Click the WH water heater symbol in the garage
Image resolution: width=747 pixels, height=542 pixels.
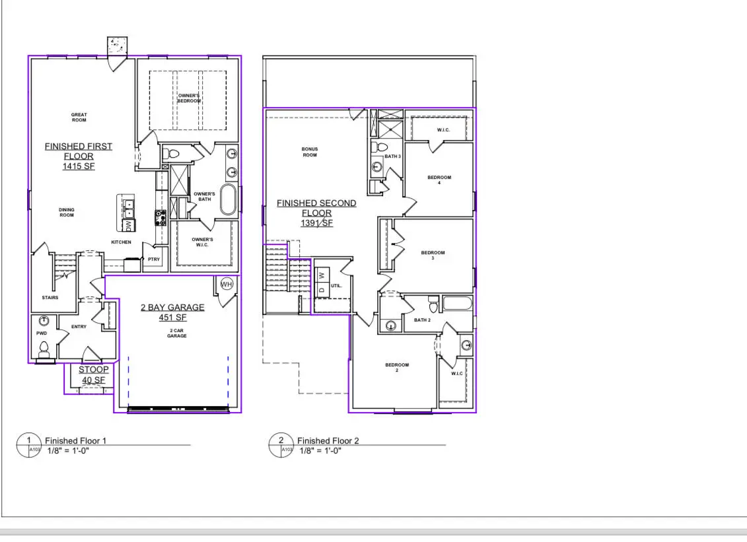click(227, 284)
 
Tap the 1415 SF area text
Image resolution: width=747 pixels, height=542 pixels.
click(79, 168)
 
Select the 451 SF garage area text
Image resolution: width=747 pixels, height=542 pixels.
click(172, 318)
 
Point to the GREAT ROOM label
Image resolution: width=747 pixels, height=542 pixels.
click(79, 118)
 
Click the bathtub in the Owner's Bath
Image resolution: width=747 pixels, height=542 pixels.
click(228, 199)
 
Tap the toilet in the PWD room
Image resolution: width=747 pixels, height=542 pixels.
click(44, 347)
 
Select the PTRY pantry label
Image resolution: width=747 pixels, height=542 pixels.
click(153, 259)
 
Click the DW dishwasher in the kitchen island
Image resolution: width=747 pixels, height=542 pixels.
click(129, 226)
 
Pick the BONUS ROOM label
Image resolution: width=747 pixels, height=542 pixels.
click(310, 152)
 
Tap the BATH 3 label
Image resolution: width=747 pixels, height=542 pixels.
click(392, 156)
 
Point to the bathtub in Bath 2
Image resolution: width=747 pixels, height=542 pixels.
click(457, 305)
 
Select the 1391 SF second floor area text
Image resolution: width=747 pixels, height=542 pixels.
click(316, 224)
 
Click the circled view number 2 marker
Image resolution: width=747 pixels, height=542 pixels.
click(281, 440)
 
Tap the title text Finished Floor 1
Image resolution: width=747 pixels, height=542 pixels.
click(75, 440)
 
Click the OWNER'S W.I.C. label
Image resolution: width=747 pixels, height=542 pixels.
click(202, 242)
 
